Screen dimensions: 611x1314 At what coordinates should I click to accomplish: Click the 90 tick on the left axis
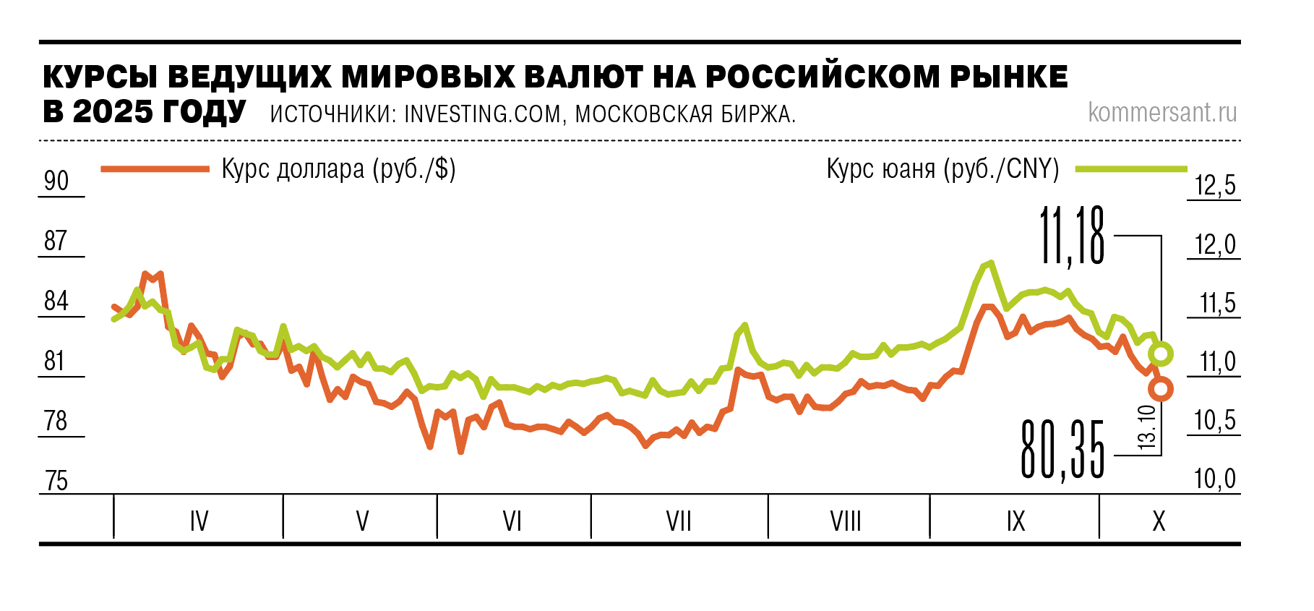(x=56, y=181)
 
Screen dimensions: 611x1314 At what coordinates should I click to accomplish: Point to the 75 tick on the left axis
(x=56, y=481)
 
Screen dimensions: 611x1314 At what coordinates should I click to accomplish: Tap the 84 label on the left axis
(x=56, y=301)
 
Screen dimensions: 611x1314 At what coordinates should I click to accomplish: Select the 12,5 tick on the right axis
(x=1215, y=186)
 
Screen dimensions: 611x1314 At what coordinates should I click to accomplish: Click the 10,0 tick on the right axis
(x=1215, y=479)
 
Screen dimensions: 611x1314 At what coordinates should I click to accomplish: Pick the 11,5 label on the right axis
(x=1218, y=303)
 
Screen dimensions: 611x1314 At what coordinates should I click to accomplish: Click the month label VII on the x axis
(x=679, y=521)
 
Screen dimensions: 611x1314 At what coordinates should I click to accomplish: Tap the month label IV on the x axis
(x=199, y=521)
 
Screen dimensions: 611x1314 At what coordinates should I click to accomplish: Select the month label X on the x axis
(x=1159, y=521)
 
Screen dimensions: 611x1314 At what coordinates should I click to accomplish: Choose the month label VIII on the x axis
(x=846, y=521)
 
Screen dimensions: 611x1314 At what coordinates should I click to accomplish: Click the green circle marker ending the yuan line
(x=1161, y=354)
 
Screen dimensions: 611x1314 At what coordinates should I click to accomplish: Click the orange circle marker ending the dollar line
(x=1161, y=389)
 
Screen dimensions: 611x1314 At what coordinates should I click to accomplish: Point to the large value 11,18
(x=1072, y=236)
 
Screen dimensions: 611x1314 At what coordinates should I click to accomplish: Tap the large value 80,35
(x=1062, y=450)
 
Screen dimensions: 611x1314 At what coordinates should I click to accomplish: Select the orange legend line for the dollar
(x=155, y=169)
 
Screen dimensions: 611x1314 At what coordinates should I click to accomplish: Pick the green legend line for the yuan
(x=1131, y=169)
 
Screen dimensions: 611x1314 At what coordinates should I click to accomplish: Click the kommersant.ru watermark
(x=1162, y=113)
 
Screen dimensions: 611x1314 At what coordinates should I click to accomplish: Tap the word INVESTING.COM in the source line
(x=482, y=114)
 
